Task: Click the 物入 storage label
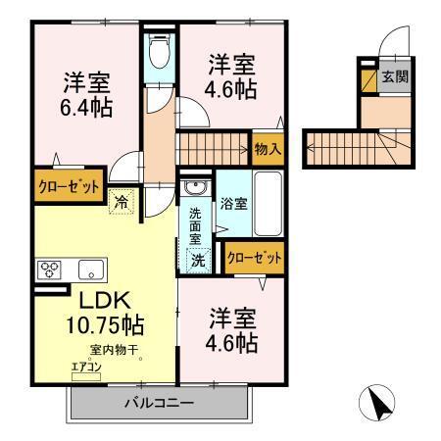tap(268, 149)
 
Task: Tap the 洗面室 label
tap(196, 223)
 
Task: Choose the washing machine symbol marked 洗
tap(198, 261)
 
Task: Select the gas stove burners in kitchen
tap(50, 269)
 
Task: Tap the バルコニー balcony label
tap(157, 402)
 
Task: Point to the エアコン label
tap(85, 367)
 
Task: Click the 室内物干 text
tap(110, 349)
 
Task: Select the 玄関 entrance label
tap(394, 76)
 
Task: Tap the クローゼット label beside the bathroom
tap(254, 258)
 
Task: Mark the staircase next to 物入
tap(213, 149)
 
